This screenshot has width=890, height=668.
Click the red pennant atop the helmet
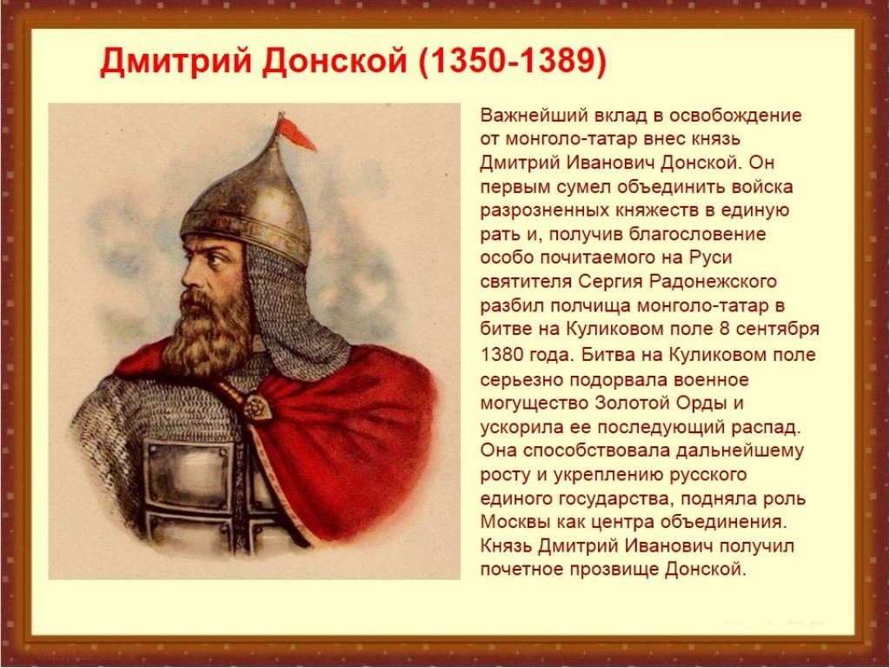[296, 133]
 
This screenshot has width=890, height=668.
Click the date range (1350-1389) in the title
[513, 62]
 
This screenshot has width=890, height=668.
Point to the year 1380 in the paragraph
[501, 355]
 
